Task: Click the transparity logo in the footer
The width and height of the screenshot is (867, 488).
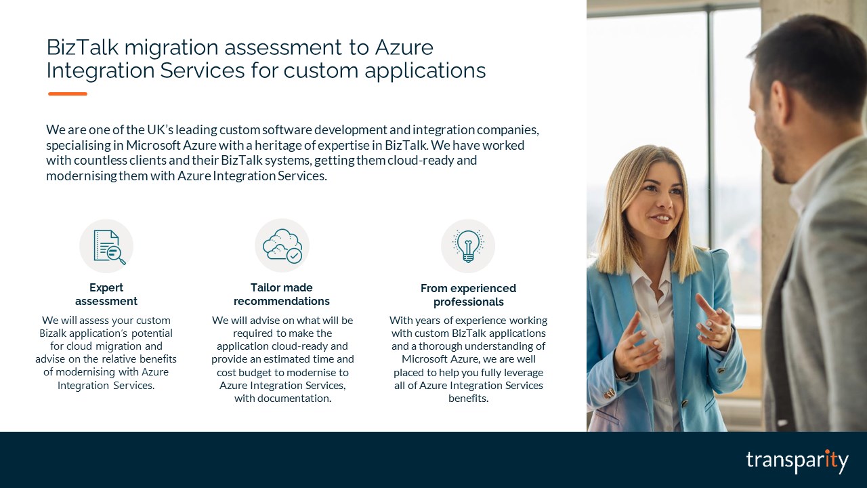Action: [797, 461]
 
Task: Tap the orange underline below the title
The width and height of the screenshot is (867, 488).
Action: [68, 94]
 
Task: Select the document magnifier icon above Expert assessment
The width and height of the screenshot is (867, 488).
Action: [106, 246]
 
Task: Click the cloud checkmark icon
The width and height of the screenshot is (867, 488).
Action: [282, 245]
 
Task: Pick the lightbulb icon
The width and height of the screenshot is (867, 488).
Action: [468, 246]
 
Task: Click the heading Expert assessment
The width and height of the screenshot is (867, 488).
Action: [106, 294]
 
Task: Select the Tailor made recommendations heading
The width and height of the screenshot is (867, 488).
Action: [282, 294]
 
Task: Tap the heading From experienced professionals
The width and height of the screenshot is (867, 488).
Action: [468, 295]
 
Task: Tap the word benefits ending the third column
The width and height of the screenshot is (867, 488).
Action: [468, 399]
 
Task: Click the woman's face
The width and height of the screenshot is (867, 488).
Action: [654, 203]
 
